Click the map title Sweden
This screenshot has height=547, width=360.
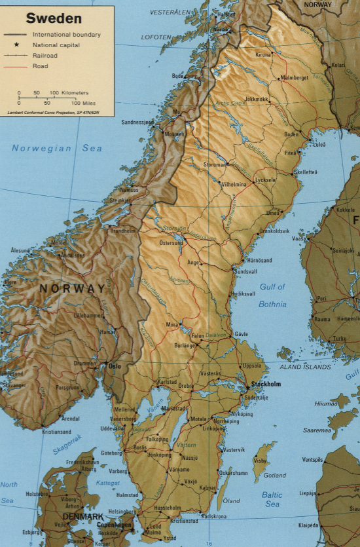54,18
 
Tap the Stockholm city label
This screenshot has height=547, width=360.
265,384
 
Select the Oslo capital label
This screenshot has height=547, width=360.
115,366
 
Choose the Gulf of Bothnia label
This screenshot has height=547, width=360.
272,295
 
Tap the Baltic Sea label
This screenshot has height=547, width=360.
272,499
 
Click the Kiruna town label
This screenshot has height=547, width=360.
263,55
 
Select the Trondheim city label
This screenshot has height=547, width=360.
123,231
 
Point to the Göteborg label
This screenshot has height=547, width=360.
113,453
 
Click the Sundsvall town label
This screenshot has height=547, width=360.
246,271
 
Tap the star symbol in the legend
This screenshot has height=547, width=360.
17,45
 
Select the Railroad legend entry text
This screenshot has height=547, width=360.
44,56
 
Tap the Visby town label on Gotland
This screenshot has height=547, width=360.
261,461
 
